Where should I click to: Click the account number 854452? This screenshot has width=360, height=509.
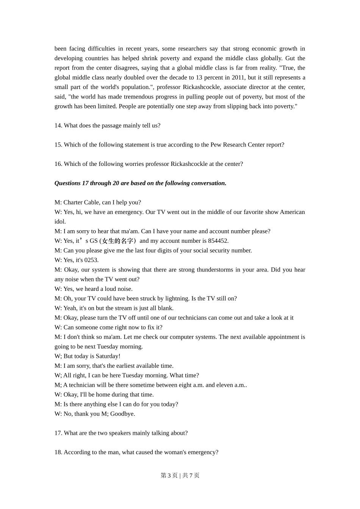tap(218, 241)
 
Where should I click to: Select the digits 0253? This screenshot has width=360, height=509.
tap(91, 260)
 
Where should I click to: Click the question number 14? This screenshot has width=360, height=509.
tap(58, 126)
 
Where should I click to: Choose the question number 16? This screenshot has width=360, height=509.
tap(58, 164)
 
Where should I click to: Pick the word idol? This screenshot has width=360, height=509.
tap(60, 222)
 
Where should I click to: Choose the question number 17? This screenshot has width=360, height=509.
tap(58, 433)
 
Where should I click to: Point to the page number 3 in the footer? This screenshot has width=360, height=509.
tap(169, 476)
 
